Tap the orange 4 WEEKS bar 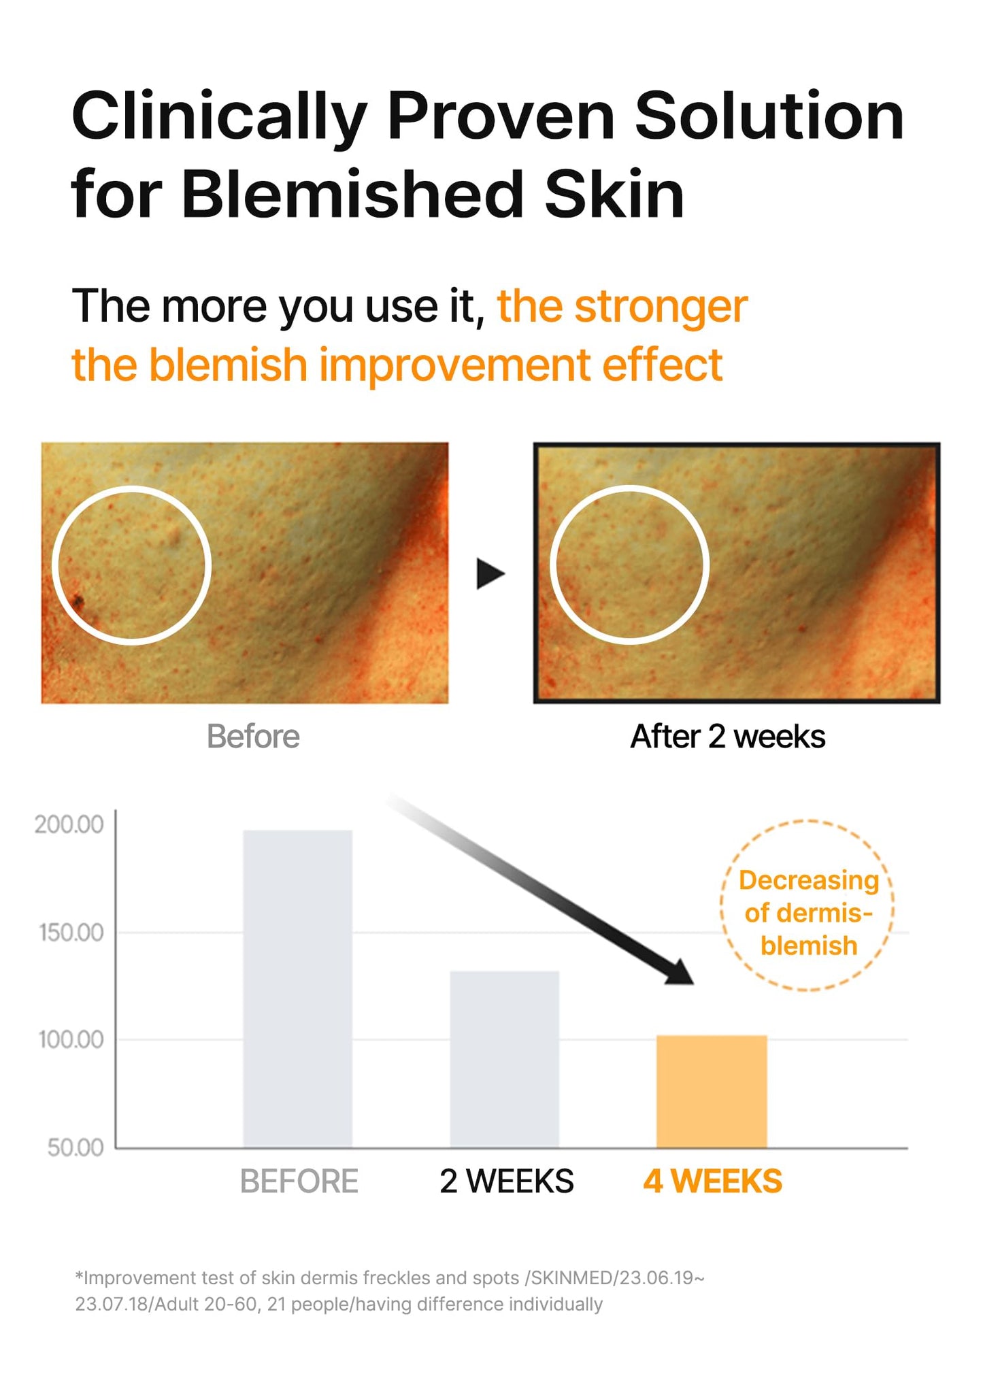[712, 1091]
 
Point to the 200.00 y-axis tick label [69, 824]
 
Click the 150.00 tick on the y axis [71, 933]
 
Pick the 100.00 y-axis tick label [71, 1039]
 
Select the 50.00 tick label [75, 1147]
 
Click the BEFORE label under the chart [299, 1181]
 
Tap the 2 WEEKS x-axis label [506, 1181]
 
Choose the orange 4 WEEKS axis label [712, 1181]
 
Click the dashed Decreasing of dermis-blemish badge [807, 905]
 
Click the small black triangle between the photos [490, 573]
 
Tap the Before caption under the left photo [253, 737]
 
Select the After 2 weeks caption [727, 737]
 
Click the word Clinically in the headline [219, 117]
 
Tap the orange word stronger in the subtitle [661, 307]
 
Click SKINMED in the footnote [571, 1278]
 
